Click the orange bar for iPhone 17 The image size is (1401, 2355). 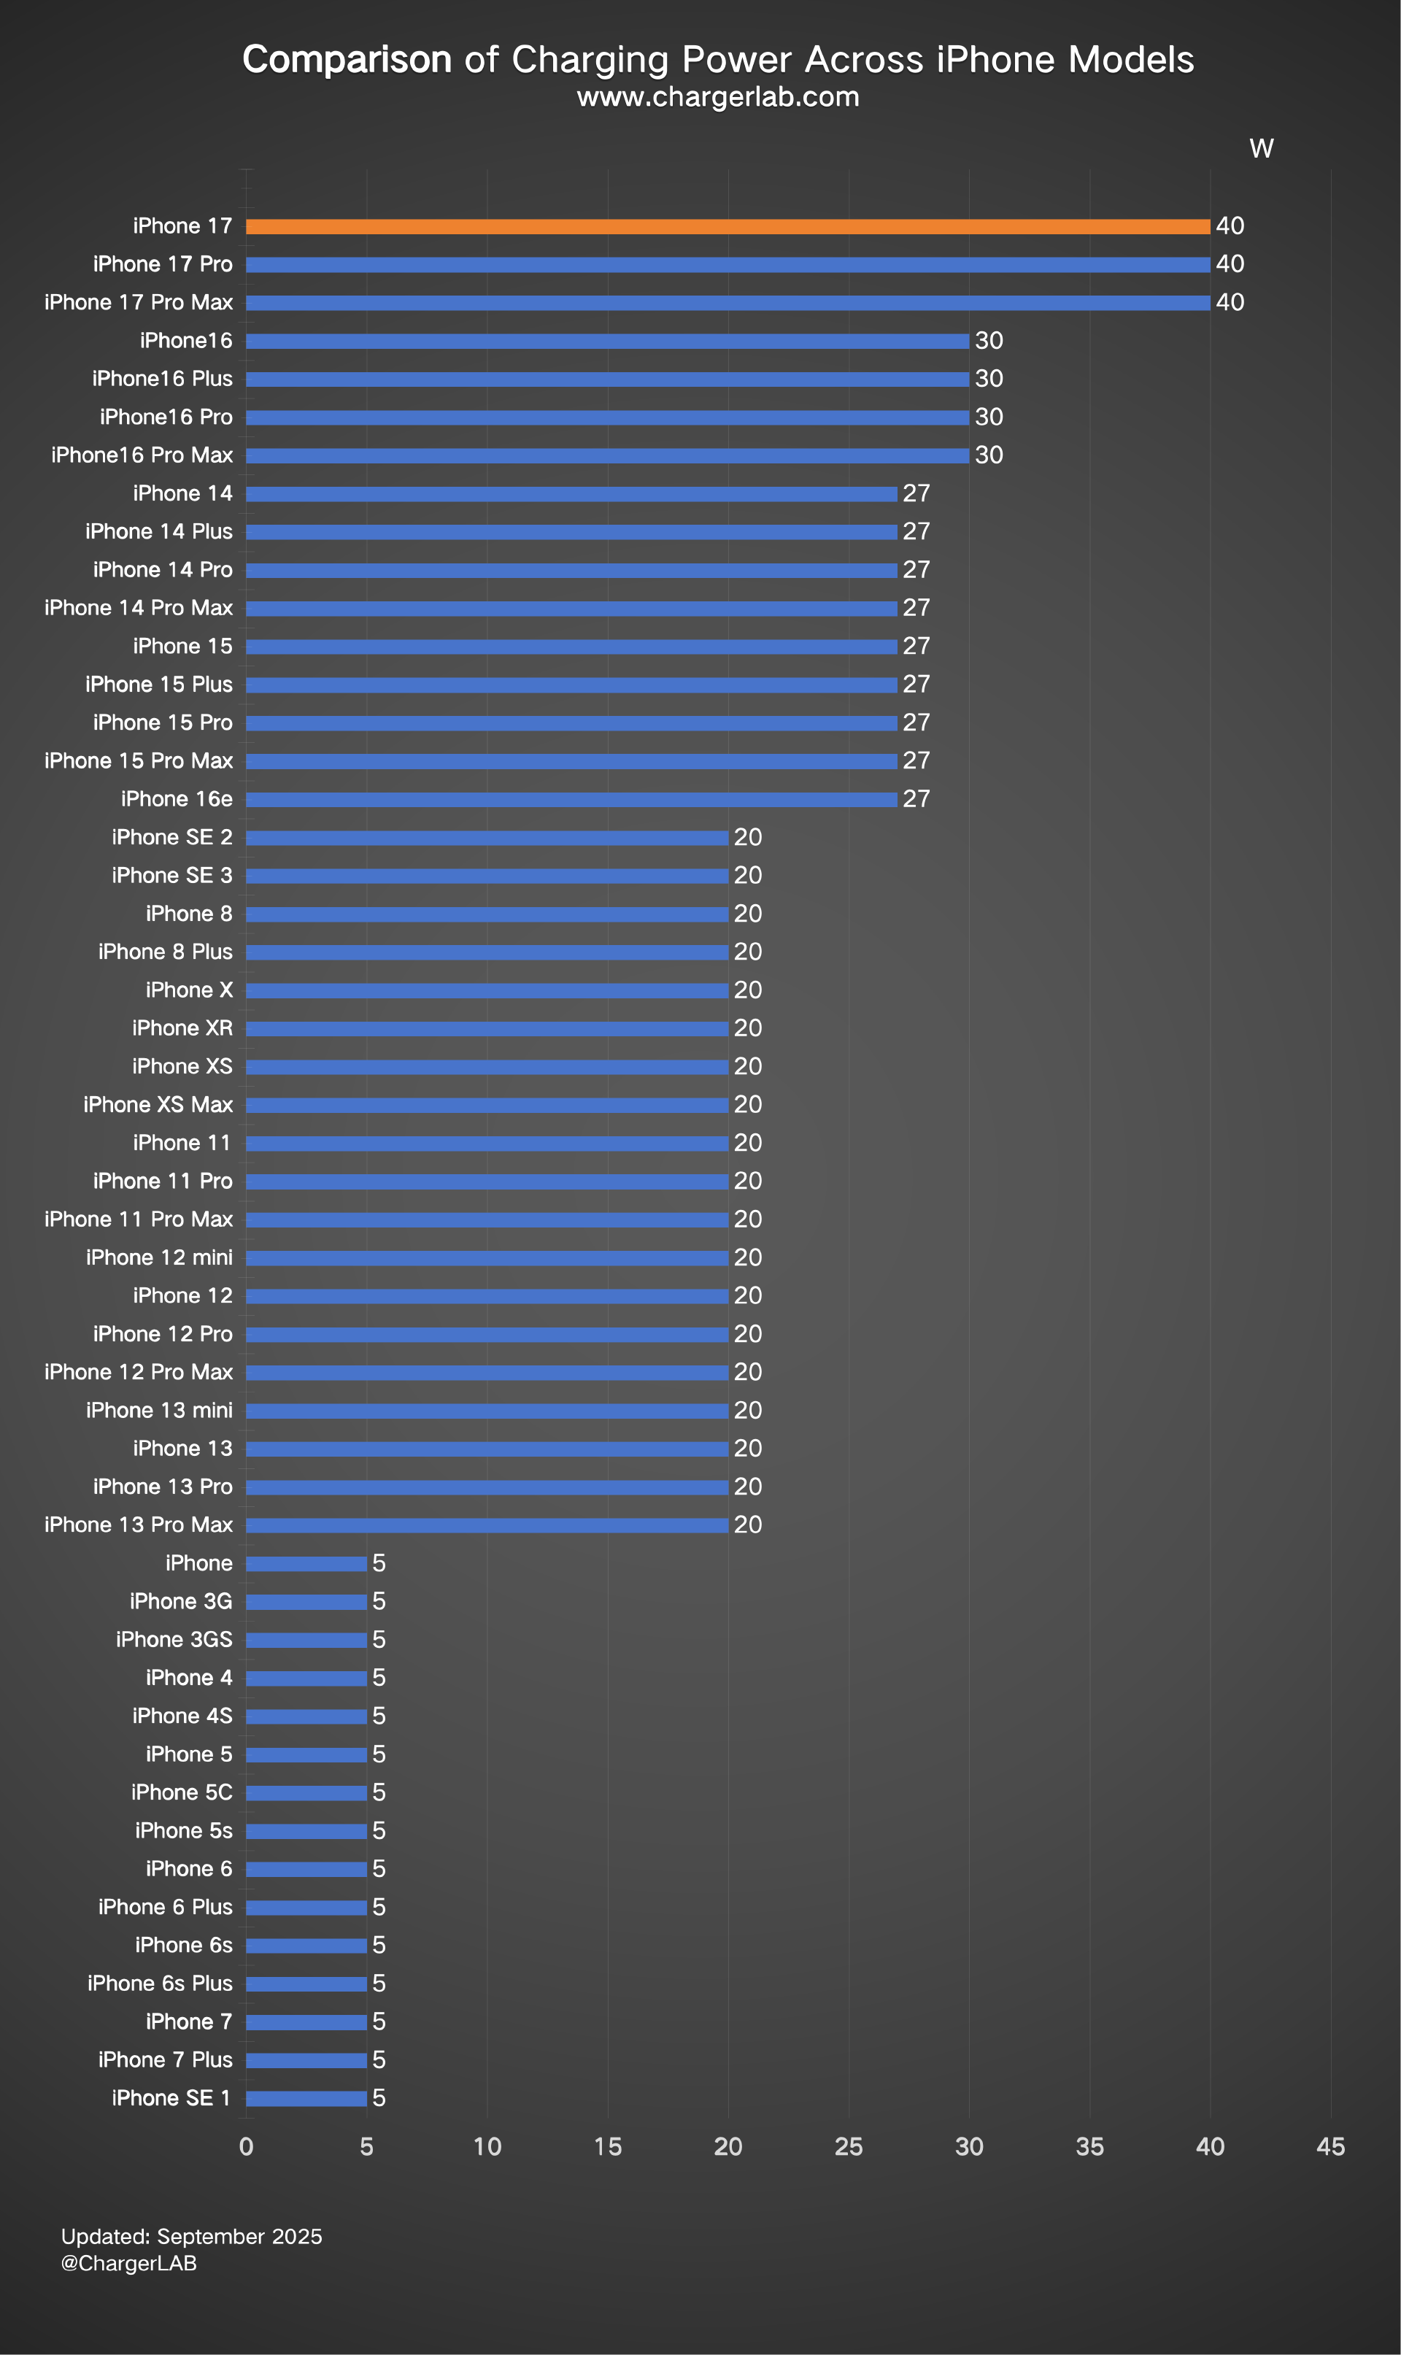(x=727, y=226)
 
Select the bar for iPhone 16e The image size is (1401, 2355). (x=571, y=799)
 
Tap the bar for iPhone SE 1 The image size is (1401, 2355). (x=306, y=2098)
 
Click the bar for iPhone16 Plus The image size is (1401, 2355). (x=607, y=379)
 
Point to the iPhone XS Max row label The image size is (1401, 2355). (x=158, y=1104)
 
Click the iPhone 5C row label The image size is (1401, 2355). (x=181, y=1792)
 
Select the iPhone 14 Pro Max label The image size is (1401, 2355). (x=138, y=608)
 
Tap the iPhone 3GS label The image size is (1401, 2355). (x=174, y=1640)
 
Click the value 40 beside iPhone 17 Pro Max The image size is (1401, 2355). (x=1230, y=302)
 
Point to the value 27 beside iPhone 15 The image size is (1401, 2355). (x=916, y=647)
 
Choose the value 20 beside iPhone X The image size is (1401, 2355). (x=748, y=990)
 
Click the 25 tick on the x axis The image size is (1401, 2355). (x=849, y=2146)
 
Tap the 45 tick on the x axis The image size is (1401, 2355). (x=1330, y=2146)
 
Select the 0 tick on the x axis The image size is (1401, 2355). (x=247, y=2146)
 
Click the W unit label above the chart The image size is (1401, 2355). (x=1262, y=148)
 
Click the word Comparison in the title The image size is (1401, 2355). (x=347, y=59)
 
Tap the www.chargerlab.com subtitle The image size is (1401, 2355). (x=717, y=97)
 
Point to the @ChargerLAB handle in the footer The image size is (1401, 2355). (x=128, y=2264)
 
